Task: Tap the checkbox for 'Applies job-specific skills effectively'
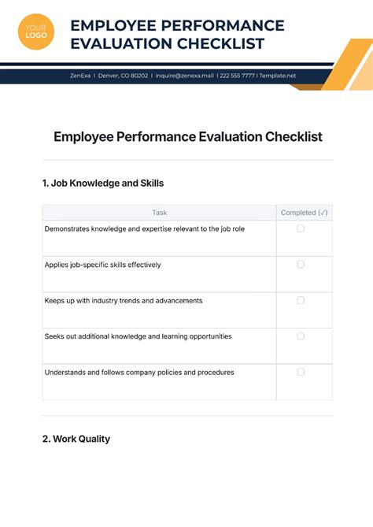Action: click(301, 265)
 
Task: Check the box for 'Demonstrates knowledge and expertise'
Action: click(301, 228)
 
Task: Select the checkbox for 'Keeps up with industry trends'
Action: click(301, 300)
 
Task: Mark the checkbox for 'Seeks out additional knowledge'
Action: click(301, 336)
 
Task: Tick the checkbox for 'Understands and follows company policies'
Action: click(301, 372)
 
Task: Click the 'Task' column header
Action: click(160, 213)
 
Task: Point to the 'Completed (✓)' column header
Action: click(304, 213)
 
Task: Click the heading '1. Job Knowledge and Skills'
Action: click(103, 184)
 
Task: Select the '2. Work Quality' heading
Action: click(76, 439)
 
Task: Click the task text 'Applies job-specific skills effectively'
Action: click(103, 265)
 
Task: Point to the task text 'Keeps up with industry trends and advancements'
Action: click(124, 300)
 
